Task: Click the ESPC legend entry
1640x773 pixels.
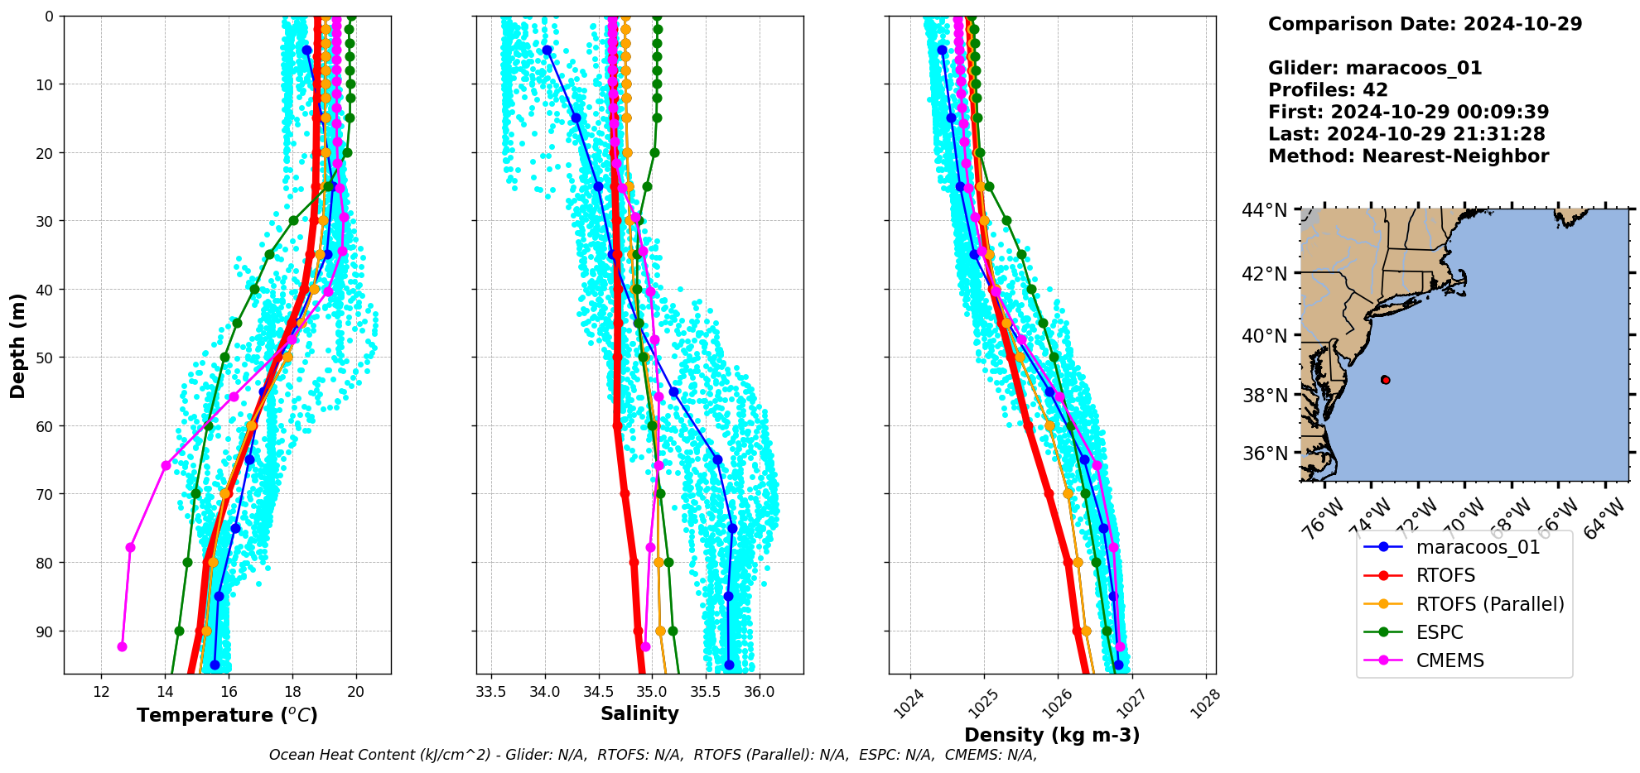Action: click(x=1440, y=632)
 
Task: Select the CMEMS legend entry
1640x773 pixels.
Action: click(x=1449, y=660)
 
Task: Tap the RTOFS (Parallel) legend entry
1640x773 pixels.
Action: click(x=1490, y=604)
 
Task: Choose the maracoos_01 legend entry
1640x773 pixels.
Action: click(x=1478, y=547)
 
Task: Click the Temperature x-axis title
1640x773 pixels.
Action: click(x=227, y=715)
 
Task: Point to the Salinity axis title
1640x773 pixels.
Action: click(x=639, y=713)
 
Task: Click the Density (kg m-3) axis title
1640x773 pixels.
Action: click(x=1052, y=735)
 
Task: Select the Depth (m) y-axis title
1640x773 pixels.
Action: click(x=18, y=345)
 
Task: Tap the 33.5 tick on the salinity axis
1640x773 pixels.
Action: click(x=491, y=692)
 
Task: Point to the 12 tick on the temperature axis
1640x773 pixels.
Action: click(x=101, y=692)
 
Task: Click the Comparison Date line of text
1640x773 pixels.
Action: click(x=1425, y=24)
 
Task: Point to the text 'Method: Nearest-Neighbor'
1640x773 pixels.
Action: click(x=1408, y=156)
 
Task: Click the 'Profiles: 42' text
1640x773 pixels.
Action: click(x=1328, y=90)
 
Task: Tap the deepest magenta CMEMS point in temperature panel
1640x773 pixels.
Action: click(x=122, y=646)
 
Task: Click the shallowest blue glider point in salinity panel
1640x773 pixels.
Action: click(x=547, y=50)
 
